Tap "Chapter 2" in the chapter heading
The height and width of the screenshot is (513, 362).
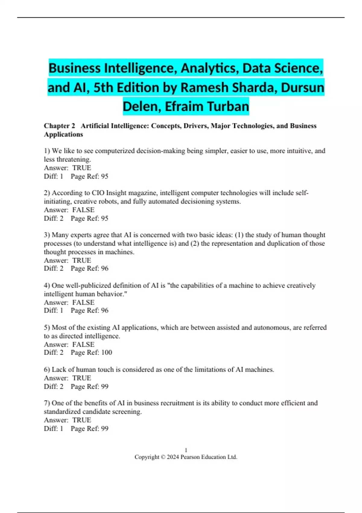pos(59,126)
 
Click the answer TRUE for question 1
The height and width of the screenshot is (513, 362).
pos(81,168)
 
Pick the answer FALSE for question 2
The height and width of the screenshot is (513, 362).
pos(83,210)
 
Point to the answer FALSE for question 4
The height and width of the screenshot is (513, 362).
pos(83,302)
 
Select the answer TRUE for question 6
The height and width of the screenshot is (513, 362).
pos(81,378)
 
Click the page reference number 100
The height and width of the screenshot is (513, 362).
pos(106,352)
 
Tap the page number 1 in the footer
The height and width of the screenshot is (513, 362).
pos(186,450)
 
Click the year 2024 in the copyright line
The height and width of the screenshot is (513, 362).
pos(173,457)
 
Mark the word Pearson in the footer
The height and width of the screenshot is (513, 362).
pos(190,457)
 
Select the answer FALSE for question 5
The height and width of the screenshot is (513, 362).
pos(83,344)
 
